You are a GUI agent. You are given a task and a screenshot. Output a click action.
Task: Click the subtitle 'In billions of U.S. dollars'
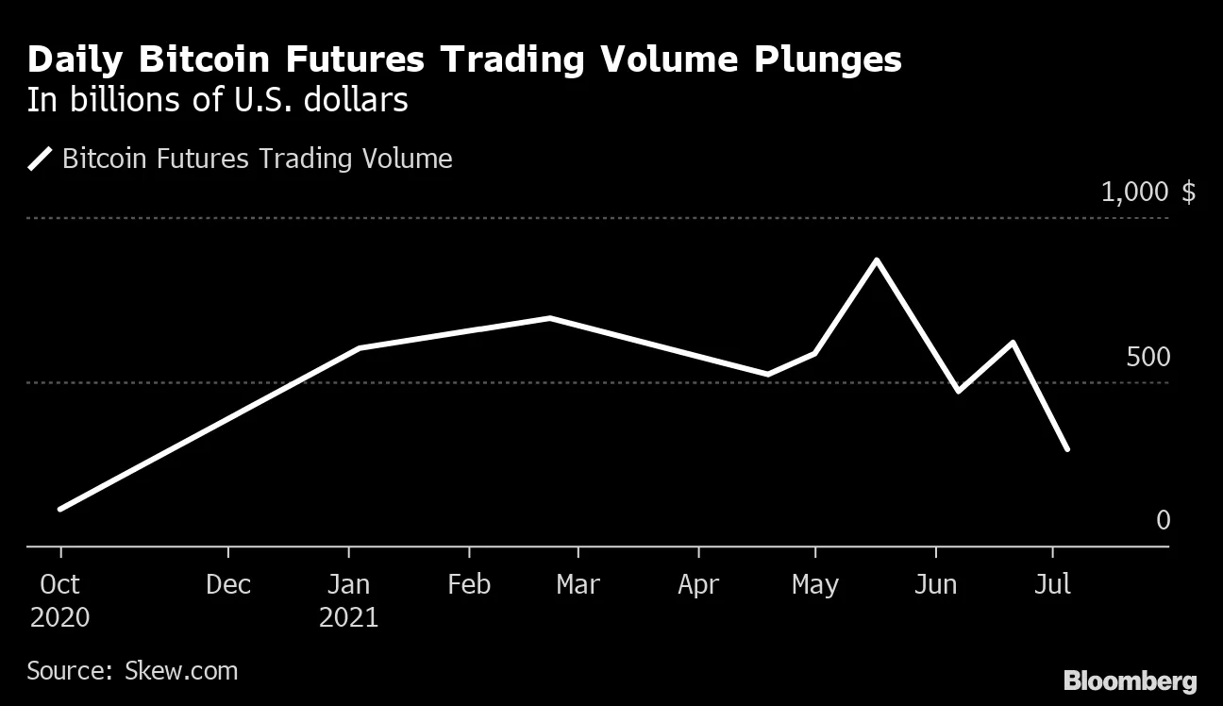[217, 100]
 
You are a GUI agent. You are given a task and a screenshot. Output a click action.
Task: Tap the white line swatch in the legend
[41, 159]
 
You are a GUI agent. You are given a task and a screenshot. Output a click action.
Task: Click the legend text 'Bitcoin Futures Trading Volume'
[257, 159]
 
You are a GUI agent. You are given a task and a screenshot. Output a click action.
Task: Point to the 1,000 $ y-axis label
[1148, 193]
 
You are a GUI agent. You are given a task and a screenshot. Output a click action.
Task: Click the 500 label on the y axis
[1148, 358]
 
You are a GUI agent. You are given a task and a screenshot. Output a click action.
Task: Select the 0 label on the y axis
[1163, 520]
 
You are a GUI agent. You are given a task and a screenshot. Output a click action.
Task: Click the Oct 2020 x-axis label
[59, 600]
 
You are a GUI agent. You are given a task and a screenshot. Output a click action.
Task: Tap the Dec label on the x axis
[228, 585]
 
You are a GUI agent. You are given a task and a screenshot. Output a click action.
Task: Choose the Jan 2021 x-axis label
[348, 600]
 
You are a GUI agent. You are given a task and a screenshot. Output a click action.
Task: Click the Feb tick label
[469, 585]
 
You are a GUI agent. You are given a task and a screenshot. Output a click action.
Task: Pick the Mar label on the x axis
[578, 585]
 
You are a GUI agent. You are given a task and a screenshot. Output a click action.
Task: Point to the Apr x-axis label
[698, 585]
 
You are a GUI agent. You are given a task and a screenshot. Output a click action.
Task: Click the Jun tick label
[935, 585]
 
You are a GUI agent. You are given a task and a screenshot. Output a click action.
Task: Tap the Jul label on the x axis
[1052, 585]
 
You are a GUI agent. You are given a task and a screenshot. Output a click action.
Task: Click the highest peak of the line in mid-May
[877, 261]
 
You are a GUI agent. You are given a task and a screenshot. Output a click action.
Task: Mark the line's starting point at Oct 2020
[60, 509]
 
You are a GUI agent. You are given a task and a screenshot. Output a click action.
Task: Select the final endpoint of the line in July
[1067, 449]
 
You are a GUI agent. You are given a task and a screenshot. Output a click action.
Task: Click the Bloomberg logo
[1130, 681]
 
